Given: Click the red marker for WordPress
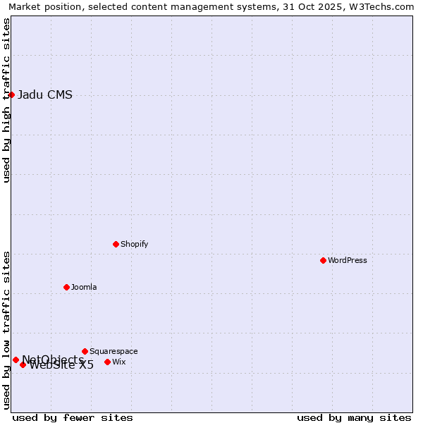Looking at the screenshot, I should (323, 260).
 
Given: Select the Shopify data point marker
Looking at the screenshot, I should (116, 244).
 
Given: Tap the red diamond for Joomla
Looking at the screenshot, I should (66, 287).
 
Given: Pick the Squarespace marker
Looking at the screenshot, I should (85, 351).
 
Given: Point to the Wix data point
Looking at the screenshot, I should (107, 362).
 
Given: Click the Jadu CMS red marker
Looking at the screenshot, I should (11, 94).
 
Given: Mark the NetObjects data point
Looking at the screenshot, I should (16, 360).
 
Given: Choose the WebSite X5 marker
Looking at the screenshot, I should (23, 364).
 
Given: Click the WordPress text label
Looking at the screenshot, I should (348, 260).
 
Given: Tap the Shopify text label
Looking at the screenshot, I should (134, 244).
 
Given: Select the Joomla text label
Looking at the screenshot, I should (84, 287).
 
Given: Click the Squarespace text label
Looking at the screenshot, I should (114, 351).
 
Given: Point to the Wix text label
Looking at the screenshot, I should (118, 362).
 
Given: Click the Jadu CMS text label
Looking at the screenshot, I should (45, 95).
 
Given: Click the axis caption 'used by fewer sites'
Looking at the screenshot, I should (73, 417).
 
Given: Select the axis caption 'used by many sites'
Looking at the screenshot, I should (354, 417).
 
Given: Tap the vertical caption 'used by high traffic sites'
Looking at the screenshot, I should (6, 100).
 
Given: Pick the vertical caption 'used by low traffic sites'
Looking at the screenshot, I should (6, 330).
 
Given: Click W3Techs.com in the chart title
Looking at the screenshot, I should (386, 6).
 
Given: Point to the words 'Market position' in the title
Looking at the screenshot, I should (43, 6).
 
